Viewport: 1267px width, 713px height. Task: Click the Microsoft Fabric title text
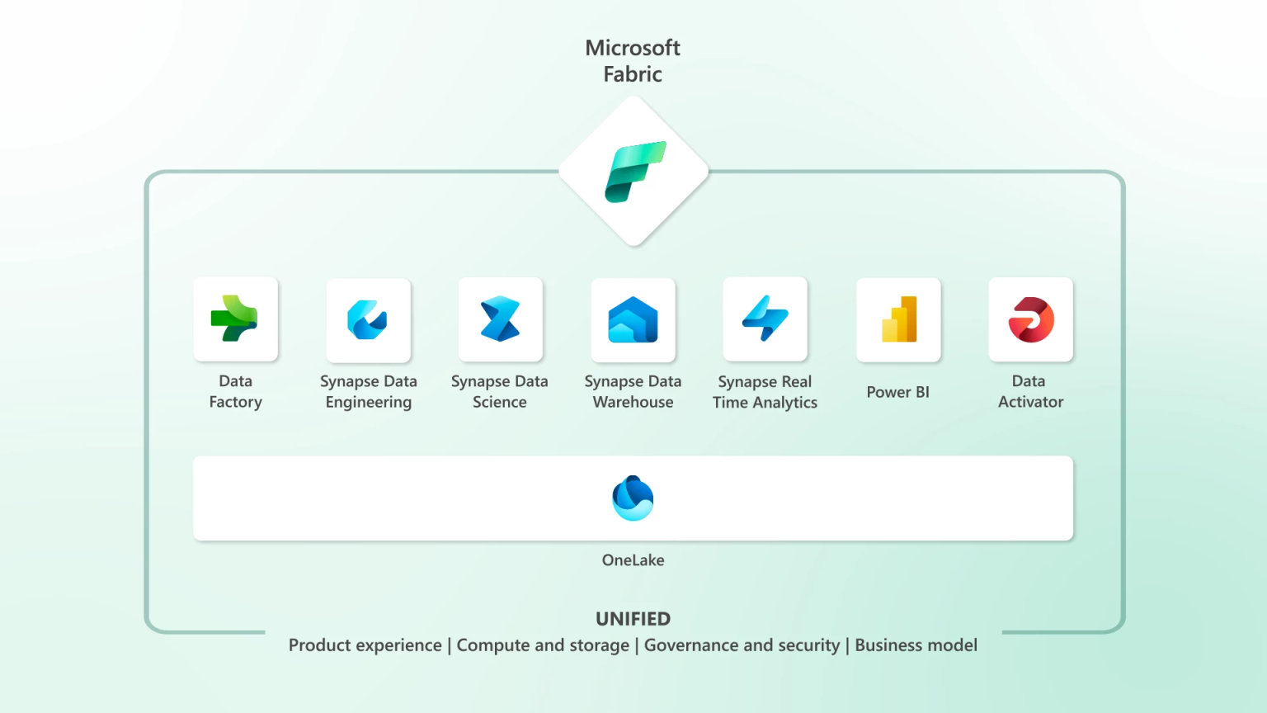(633, 61)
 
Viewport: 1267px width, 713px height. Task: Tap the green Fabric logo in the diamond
(634, 172)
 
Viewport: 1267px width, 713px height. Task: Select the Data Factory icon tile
(235, 319)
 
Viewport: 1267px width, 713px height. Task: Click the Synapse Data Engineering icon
(368, 320)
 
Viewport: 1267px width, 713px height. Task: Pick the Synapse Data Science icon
(500, 319)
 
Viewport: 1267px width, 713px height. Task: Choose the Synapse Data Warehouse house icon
(633, 320)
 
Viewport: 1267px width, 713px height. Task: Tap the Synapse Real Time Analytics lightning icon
(765, 319)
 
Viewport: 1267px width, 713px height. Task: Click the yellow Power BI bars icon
(898, 319)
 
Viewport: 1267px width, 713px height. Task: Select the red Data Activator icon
(1031, 320)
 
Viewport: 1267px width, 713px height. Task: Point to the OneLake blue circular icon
(633, 498)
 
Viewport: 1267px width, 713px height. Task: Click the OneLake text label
(633, 560)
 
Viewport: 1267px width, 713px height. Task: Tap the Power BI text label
(897, 393)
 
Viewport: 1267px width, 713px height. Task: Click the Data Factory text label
(236, 392)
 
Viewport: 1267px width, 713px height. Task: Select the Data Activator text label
(1030, 392)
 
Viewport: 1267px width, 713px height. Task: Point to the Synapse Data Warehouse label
(633, 392)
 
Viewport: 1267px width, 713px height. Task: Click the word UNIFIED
(633, 619)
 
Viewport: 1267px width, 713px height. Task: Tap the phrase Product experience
(365, 645)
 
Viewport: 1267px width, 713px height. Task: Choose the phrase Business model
(916, 645)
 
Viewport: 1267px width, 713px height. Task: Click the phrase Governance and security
(742, 645)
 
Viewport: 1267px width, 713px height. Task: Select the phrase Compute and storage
(543, 645)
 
